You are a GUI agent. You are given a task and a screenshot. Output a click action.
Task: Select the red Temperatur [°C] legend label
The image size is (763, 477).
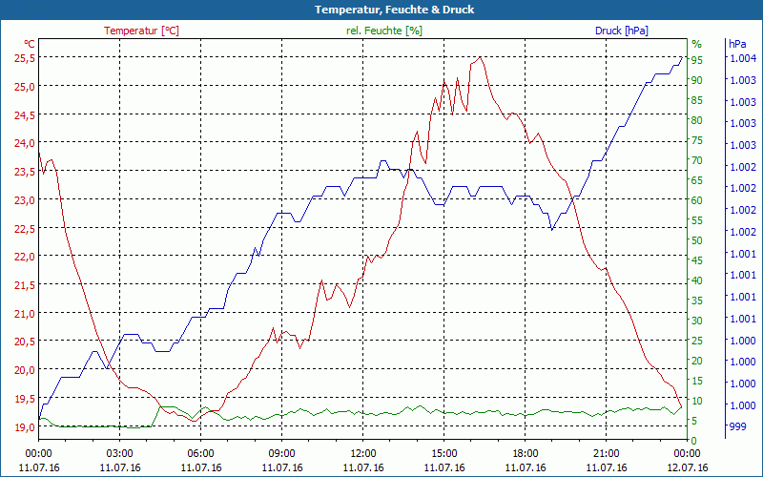[x=141, y=31]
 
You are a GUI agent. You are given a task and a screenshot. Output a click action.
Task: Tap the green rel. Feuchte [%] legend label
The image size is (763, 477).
[x=384, y=31]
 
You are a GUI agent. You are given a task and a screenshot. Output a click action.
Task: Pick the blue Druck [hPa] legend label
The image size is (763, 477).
[x=621, y=31]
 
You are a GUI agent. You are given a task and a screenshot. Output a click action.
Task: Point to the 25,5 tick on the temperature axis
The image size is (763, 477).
[x=24, y=57]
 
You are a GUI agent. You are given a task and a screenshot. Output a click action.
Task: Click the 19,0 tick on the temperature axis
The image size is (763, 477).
[x=24, y=426]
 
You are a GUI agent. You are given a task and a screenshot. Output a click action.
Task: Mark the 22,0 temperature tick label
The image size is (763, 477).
[x=24, y=256]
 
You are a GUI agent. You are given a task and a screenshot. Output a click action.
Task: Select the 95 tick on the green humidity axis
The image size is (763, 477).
[x=697, y=60]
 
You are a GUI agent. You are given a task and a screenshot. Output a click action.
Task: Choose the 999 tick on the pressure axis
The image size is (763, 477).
[x=739, y=426]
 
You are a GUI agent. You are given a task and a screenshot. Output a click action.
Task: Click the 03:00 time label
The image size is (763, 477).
[x=120, y=453]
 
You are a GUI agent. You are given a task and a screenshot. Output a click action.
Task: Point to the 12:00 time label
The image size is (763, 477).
[x=363, y=453]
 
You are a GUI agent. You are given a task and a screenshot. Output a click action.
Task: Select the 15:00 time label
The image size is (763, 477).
[x=444, y=453]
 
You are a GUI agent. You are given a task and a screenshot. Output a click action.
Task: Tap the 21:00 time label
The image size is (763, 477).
[x=607, y=453]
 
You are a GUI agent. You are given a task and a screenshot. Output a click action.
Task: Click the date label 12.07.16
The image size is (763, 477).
[x=688, y=467]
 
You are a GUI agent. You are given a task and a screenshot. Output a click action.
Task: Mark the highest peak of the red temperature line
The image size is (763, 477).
[x=480, y=57]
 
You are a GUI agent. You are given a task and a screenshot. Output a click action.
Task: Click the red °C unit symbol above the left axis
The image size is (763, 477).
[x=29, y=44]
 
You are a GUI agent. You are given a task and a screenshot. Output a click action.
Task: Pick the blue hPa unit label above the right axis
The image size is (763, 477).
[x=737, y=44]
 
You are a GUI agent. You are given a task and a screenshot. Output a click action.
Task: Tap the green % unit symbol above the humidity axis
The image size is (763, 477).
[x=696, y=44]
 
